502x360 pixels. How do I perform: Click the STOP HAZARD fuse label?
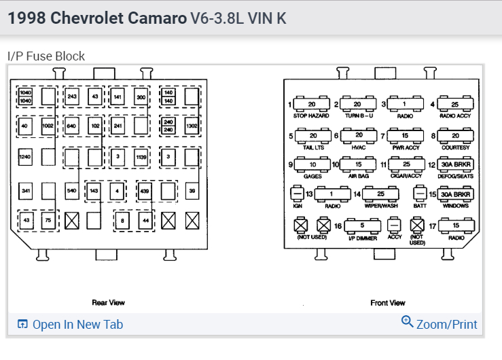click(x=311, y=116)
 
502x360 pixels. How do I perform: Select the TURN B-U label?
click(x=358, y=116)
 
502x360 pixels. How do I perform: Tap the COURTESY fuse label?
click(x=454, y=146)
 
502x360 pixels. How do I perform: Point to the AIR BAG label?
click(x=358, y=175)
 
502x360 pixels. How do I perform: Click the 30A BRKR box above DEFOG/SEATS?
click(x=456, y=164)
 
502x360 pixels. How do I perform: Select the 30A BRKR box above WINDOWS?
click(x=456, y=194)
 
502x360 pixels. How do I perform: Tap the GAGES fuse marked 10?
click(x=312, y=164)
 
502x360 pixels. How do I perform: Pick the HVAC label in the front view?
click(x=359, y=146)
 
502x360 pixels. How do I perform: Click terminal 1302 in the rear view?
click(x=192, y=126)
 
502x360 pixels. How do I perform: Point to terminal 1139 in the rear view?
click(x=141, y=158)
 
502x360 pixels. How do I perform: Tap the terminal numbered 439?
click(x=144, y=191)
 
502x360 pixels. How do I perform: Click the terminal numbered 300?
click(x=141, y=97)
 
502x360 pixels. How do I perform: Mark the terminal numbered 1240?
click(x=26, y=158)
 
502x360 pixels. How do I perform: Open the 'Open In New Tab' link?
click(x=77, y=325)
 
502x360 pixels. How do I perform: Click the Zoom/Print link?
click(x=446, y=325)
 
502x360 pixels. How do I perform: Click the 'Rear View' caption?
click(x=109, y=302)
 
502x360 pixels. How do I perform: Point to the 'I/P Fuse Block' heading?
click(x=46, y=56)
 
